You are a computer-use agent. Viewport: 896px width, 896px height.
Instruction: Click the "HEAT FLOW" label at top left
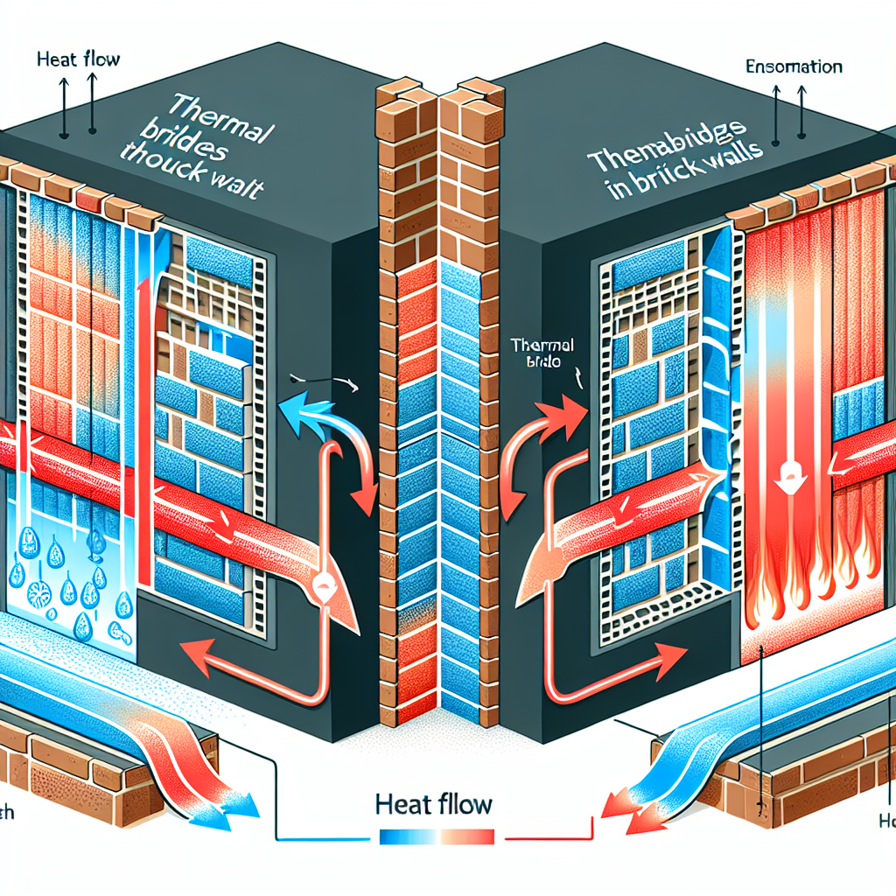(80, 60)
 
